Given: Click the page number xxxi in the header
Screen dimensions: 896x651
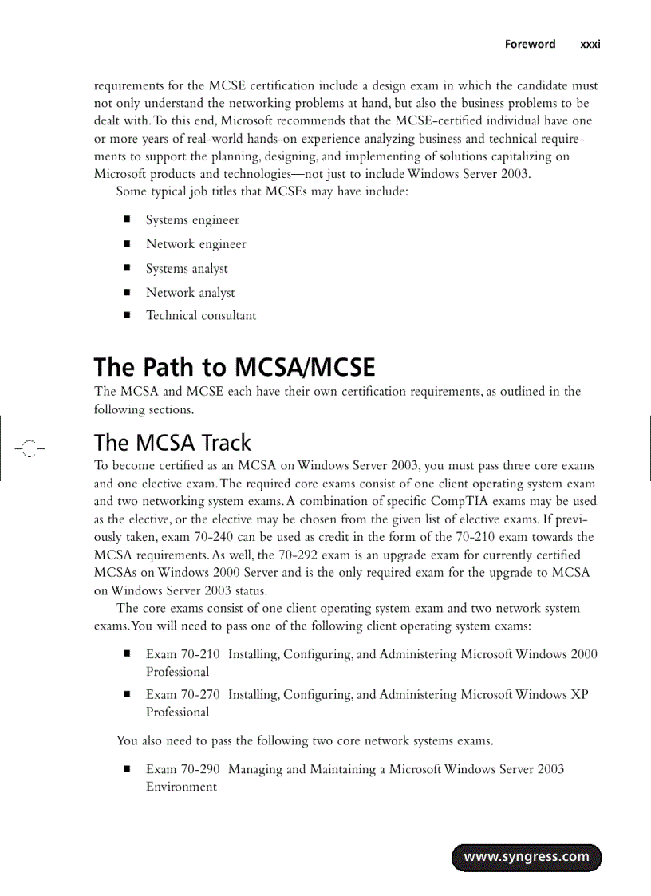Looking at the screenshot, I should coord(590,45).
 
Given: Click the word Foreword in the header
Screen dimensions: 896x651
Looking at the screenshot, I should coord(530,45).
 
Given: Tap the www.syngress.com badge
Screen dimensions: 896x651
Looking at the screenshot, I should coord(527,857).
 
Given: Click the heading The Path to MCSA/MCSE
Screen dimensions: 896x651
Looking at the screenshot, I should coord(234,368).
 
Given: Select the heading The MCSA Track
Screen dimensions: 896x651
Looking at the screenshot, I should coord(172,443).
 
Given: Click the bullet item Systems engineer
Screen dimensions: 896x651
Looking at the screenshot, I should coord(192,220).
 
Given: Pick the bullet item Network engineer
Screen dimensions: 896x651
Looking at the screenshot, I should coord(195,244).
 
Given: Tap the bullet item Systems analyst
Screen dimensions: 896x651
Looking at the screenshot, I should coord(187,269).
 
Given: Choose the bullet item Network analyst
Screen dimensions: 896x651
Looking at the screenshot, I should coord(190,293).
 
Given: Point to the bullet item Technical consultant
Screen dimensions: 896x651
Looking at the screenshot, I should coord(201,316).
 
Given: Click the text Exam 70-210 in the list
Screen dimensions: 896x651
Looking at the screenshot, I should coord(183,654).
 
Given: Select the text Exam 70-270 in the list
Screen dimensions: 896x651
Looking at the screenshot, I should coord(183,695).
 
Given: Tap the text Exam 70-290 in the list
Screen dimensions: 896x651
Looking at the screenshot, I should coord(183,769).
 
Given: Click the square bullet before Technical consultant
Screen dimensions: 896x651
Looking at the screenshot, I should coord(126,315).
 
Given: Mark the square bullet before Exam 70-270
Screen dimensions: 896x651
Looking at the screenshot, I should coord(126,694).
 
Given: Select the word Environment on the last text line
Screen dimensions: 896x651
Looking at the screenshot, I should coord(181,787).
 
